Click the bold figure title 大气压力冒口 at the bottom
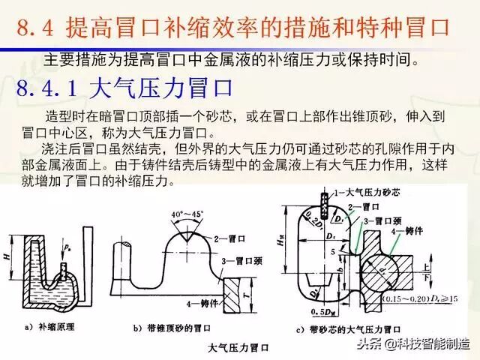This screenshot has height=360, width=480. click(x=239, y=347)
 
